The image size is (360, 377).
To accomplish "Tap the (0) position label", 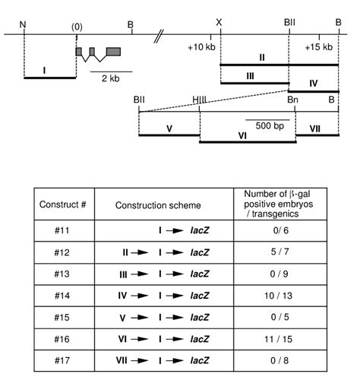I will (76, 26).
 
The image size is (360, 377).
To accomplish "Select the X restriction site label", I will (219, 24).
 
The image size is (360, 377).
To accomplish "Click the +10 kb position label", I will (201, 47).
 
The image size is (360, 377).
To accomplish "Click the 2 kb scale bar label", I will (111, 80).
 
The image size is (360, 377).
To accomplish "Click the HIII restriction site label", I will (200, 100).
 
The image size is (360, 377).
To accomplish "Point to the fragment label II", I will (261, 57).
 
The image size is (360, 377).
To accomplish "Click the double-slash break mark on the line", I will (159, 35).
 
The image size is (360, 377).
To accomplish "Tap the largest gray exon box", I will (113, 52).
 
